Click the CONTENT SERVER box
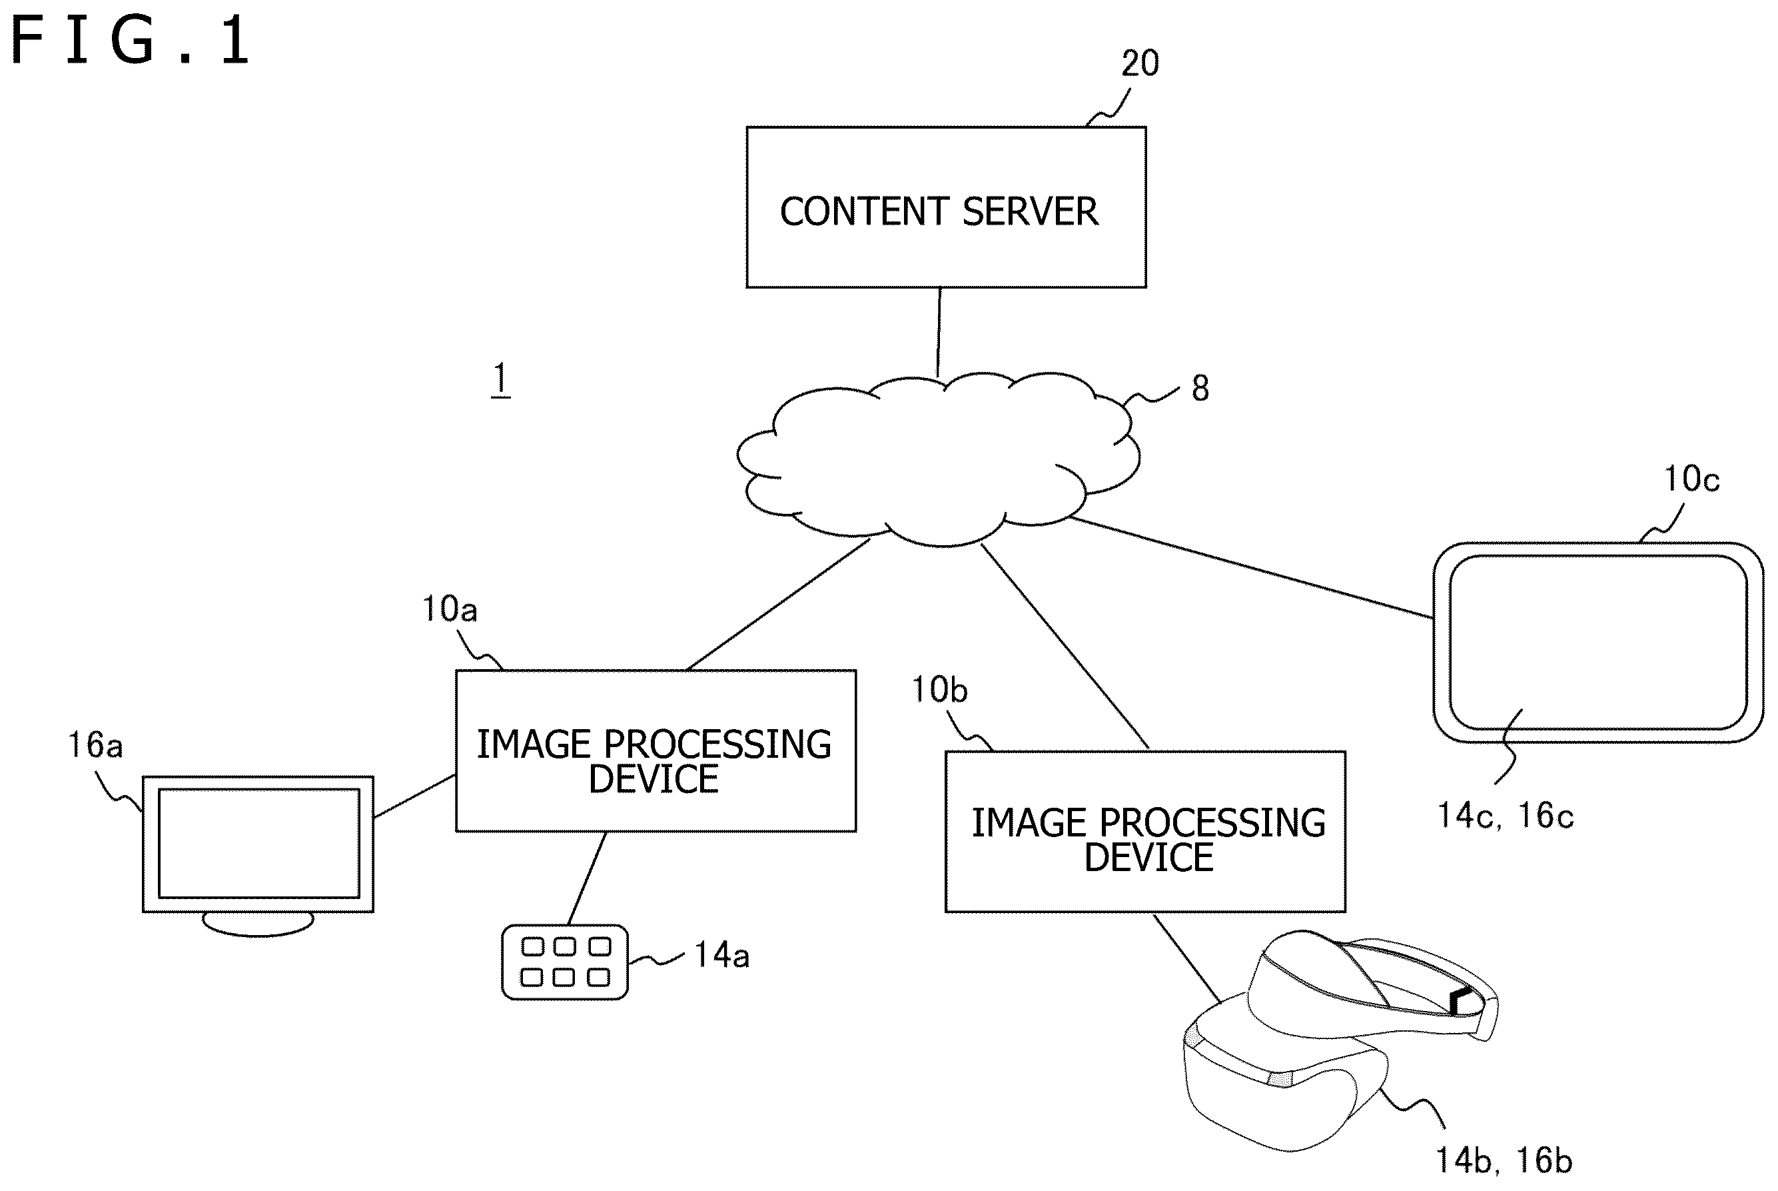point(946,207)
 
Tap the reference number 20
point(1140,63)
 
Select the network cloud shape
point(939,459)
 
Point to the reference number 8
point(1200,388)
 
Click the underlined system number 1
point(500,379)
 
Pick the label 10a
point(450,609)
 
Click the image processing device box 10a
point(656,750)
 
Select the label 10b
point(939,690)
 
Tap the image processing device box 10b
point(1146,832)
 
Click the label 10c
point(1691,479)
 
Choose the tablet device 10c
point(1598,642)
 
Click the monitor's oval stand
point(258,924)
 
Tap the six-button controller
point(565,962)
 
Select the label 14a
point(722,956)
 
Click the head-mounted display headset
point(1340,1040)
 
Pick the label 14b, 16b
point(1503,1160)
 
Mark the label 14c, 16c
point(1506,816)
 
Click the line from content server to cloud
point(939,333)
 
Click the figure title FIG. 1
point(130,41)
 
